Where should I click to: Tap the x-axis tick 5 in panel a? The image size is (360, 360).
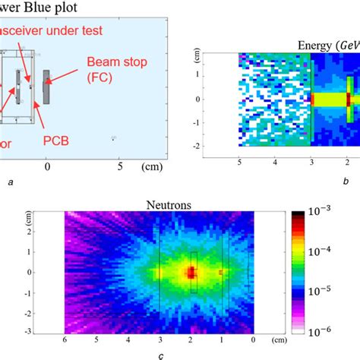point(118,165)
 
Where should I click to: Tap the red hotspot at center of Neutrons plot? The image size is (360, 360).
point(191,271)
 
